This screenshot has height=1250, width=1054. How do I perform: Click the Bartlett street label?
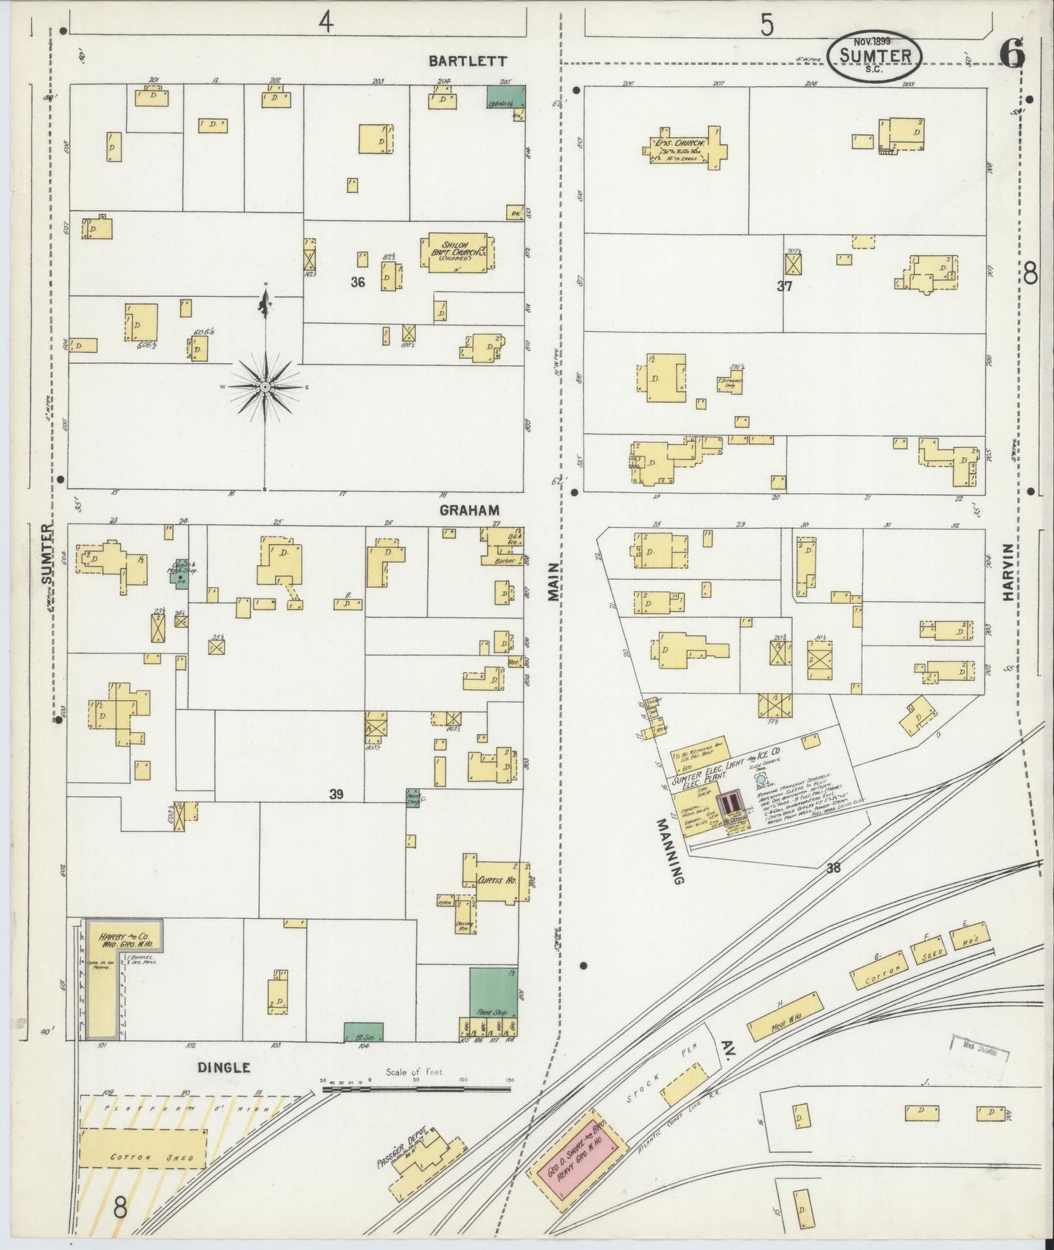[x=467, y=61]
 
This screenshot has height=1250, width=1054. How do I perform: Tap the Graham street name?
[x=469, y=511]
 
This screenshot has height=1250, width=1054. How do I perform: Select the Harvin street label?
[x=1009, y=572]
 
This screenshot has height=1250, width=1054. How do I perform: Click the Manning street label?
[x=669, y=851]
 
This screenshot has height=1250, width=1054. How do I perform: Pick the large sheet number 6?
[x=1012, y=53]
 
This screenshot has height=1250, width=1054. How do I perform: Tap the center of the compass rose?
[x=266, y=386]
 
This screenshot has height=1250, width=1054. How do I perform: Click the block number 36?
[x=357, y=282]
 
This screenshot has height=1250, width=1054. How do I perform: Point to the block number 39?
[x=336, y=794]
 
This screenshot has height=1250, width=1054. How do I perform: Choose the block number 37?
[x=784, y=287]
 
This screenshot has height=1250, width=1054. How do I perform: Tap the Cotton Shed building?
[x=142, y=1157]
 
